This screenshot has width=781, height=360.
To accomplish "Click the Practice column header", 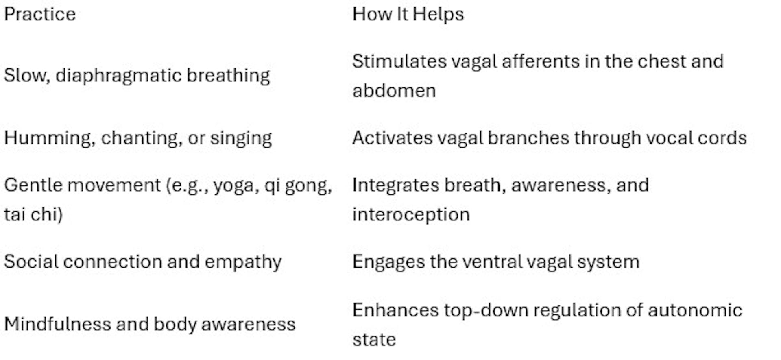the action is pos(40,14).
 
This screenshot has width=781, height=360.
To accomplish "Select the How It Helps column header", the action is pos(408,14).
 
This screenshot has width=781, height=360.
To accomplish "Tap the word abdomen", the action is pos(394,90).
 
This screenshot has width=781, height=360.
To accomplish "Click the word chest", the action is pos(657,61).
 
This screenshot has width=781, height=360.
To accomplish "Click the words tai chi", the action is pos(33,214).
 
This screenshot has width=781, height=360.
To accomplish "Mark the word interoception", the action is pos(411,214).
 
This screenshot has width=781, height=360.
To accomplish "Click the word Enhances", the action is pos(395,310).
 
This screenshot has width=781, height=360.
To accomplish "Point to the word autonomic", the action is pos(695,310).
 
